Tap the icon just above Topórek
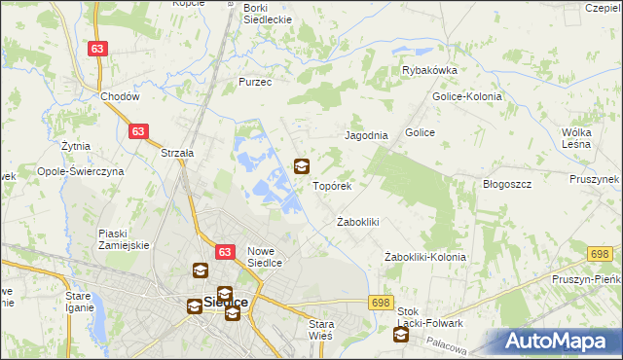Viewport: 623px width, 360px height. click(x=302, y=166)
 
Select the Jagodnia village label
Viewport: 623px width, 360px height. click(x=368, y=136)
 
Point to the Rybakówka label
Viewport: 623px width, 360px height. click(x=429, y=70)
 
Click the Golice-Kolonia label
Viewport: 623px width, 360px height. click(x=465, y=96)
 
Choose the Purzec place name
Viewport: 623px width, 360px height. click(x=255, y=83)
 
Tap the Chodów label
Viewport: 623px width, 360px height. click(x=121, y=97)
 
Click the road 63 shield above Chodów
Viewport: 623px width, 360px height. click(x=96, y=49)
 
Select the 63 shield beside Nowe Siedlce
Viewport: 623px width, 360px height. click(x=224, y=252)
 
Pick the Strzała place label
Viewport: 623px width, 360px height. click(x=178, y=153)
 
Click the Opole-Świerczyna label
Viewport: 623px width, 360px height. click(x=82, y=170)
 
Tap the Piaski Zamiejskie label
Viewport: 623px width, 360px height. click(x=124, y=239)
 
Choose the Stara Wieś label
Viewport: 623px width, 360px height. click(x=320, y=329)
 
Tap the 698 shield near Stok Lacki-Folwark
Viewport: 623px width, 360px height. click(x=381, y=304)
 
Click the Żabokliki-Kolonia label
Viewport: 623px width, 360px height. click(x=424, y=257)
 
